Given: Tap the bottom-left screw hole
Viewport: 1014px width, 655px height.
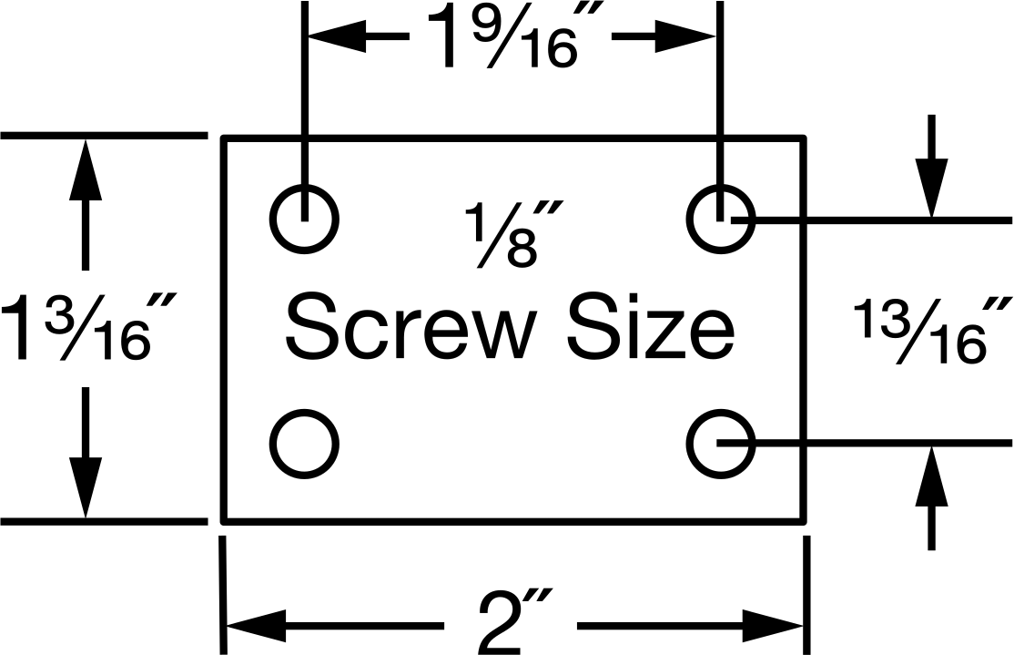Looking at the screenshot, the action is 304,410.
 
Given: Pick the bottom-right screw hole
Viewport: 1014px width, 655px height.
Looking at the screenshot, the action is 720,410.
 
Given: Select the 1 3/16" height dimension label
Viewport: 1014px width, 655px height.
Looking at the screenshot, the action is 88,328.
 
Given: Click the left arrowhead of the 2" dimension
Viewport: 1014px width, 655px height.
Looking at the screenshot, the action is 256,626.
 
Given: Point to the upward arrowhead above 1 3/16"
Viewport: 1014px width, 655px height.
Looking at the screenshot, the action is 85,170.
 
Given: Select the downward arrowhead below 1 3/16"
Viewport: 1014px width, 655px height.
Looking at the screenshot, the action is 85,486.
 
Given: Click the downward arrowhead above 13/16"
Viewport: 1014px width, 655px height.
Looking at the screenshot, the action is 931,188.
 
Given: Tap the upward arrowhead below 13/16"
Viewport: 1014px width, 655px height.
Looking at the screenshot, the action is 931,476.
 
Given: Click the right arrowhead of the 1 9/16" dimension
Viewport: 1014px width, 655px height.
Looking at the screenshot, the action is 685,36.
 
